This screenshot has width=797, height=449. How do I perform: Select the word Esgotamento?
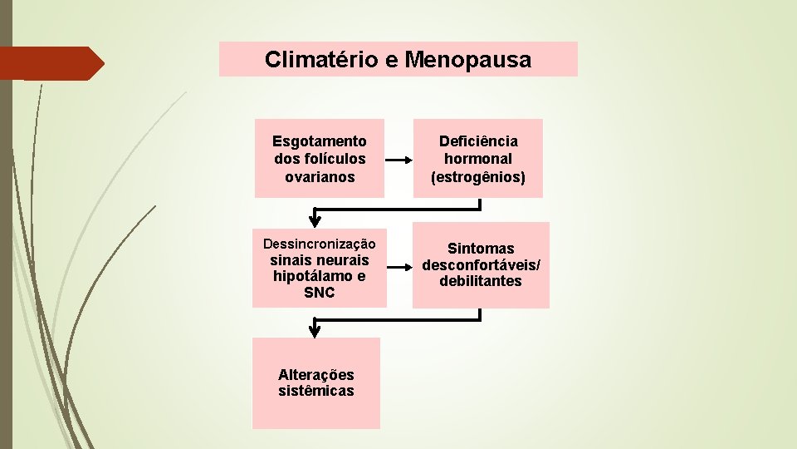pos(320,141)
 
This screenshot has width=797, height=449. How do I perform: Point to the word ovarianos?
pos(320,176)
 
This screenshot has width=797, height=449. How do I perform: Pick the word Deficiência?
pos(478,141)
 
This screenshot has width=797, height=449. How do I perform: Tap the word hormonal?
pos(478,159)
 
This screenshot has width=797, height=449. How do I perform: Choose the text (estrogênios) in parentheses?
pos(478,176)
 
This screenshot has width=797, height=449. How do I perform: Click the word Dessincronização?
pos(320,244)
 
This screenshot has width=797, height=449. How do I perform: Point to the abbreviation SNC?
pos(320,293)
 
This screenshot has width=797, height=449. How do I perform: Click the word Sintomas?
pos(481,249)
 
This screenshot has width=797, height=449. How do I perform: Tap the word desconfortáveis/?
pos(481,265)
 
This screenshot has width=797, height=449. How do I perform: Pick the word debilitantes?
pos(481,281)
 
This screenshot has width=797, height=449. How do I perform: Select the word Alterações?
pos(316,375)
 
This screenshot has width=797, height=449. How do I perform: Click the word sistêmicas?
pos(316,391)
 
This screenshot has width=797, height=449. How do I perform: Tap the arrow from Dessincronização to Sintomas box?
pos(399,267)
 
